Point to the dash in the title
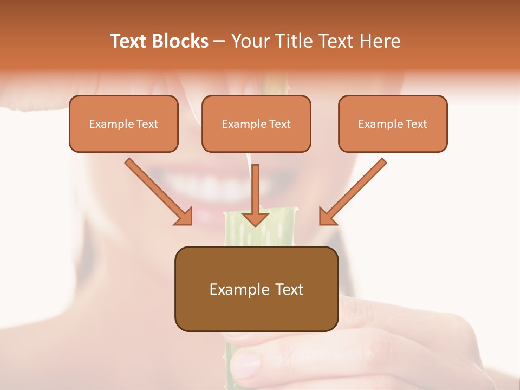click(219, 42)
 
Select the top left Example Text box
click(123, 123)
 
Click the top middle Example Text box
click(256, 123)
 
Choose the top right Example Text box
click(393, 123)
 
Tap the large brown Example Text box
click(256, 289)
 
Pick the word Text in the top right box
click(417, 124)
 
